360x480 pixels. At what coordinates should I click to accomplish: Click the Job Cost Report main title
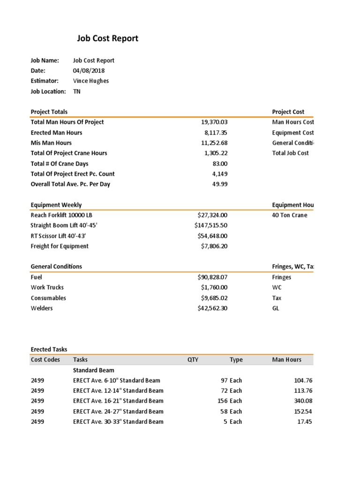coord(108,38)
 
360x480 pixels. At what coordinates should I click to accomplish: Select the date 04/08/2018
coord(89,71)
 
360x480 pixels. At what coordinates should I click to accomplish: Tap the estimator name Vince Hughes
coord(91,81)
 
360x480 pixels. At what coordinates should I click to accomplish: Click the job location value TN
coord(77,91)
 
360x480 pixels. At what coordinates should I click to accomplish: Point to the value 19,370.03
coord(214,122)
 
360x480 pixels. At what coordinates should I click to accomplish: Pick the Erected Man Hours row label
coord(56,133)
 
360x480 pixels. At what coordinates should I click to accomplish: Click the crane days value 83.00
coord(220,164)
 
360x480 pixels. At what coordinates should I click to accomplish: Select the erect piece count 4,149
coord(219,174)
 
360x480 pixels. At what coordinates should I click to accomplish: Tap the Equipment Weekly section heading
coord(56,205)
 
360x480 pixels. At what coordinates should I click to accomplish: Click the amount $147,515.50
coord(211,225)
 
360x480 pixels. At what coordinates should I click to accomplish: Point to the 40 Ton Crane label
coord(290,215)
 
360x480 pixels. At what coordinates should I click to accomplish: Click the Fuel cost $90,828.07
coord(212,277)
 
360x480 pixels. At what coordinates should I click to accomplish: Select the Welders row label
coord(42,308)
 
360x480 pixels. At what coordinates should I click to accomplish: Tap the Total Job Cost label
coord(290,153)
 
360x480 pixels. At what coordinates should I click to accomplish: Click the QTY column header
coord(193,360)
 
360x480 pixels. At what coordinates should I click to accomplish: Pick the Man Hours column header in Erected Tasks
coord(286,360)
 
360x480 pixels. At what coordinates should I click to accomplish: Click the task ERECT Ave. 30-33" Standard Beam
coord(118,421)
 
